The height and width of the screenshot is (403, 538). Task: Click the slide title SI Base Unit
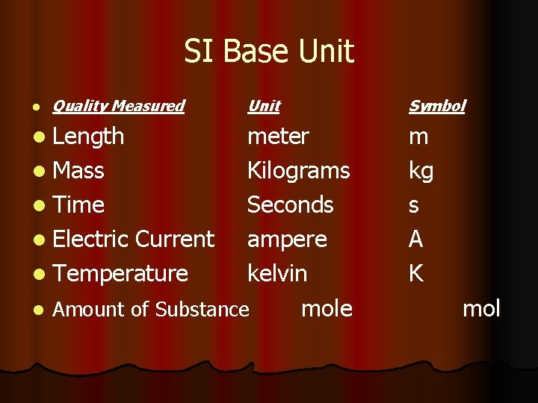tap(269, 51)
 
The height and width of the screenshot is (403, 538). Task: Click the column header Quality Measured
tap(118, 106)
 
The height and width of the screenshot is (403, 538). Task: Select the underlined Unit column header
tap(264, 106)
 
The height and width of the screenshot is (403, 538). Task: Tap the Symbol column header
tap(436, 106)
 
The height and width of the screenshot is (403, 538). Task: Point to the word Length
tap(89, 137)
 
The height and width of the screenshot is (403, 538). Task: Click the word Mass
tap(78, 171)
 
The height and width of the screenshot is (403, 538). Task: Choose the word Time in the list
tap(78, 205)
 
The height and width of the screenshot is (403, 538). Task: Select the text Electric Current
tap(134, 240)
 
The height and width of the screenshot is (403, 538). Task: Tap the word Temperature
tap(120, 274)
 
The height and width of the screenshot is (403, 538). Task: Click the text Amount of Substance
tap(150, 309)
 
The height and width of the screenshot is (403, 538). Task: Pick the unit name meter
tap(278, 137)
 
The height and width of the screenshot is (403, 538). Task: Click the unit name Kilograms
tap(298, 171)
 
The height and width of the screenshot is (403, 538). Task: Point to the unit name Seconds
tap(290, 205)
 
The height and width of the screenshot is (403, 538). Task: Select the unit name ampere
tap(287, 240)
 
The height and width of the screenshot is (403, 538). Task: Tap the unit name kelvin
tap(276, 274)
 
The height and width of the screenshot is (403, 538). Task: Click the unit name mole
tap(327, 308)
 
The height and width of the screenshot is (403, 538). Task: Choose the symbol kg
tap(421, 172)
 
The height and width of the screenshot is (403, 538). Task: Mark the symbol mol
tap(481, 308)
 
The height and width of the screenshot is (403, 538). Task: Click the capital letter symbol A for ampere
tap(416, 240)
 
